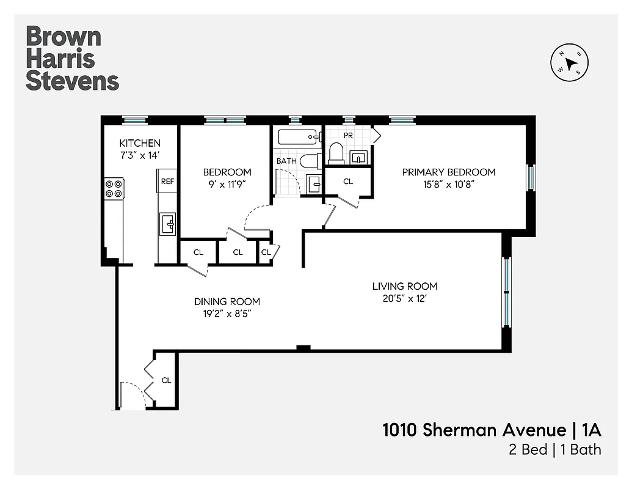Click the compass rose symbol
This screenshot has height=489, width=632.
570,62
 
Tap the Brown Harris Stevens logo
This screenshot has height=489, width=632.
72,59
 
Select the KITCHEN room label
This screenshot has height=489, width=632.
140,143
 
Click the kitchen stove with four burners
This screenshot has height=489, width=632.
114,188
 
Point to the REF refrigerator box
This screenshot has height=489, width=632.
167,181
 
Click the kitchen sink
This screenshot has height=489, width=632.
167,224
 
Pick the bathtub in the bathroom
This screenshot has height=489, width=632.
297,136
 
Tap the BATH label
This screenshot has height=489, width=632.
286,161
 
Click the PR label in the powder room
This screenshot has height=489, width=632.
348,134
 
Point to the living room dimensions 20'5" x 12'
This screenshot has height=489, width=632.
405,298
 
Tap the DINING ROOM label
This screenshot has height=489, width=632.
227,301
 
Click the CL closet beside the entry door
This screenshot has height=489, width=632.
166,380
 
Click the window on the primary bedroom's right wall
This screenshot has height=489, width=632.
531,178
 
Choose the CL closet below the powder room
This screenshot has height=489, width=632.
347,182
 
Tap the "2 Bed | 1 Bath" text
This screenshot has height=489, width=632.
555,450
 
